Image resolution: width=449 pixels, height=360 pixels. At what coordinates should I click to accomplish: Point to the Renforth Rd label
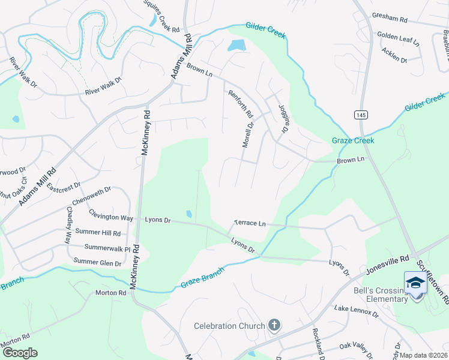(240, 103)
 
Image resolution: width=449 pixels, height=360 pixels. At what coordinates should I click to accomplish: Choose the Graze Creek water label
(353, 141)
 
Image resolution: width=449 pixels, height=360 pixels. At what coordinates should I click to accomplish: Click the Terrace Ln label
(249, 223)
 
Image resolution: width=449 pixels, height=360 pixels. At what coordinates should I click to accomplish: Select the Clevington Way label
(111, 214)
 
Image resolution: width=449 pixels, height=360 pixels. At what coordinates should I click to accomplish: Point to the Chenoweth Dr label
(91, 196)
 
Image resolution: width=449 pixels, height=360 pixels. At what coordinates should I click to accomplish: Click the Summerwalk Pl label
(107, 247)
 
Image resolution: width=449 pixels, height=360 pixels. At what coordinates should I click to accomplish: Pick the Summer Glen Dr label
(97, 262)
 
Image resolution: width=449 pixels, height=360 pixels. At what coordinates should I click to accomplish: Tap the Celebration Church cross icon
(274, 326)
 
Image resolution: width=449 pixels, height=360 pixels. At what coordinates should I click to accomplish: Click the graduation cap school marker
(415, 283)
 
